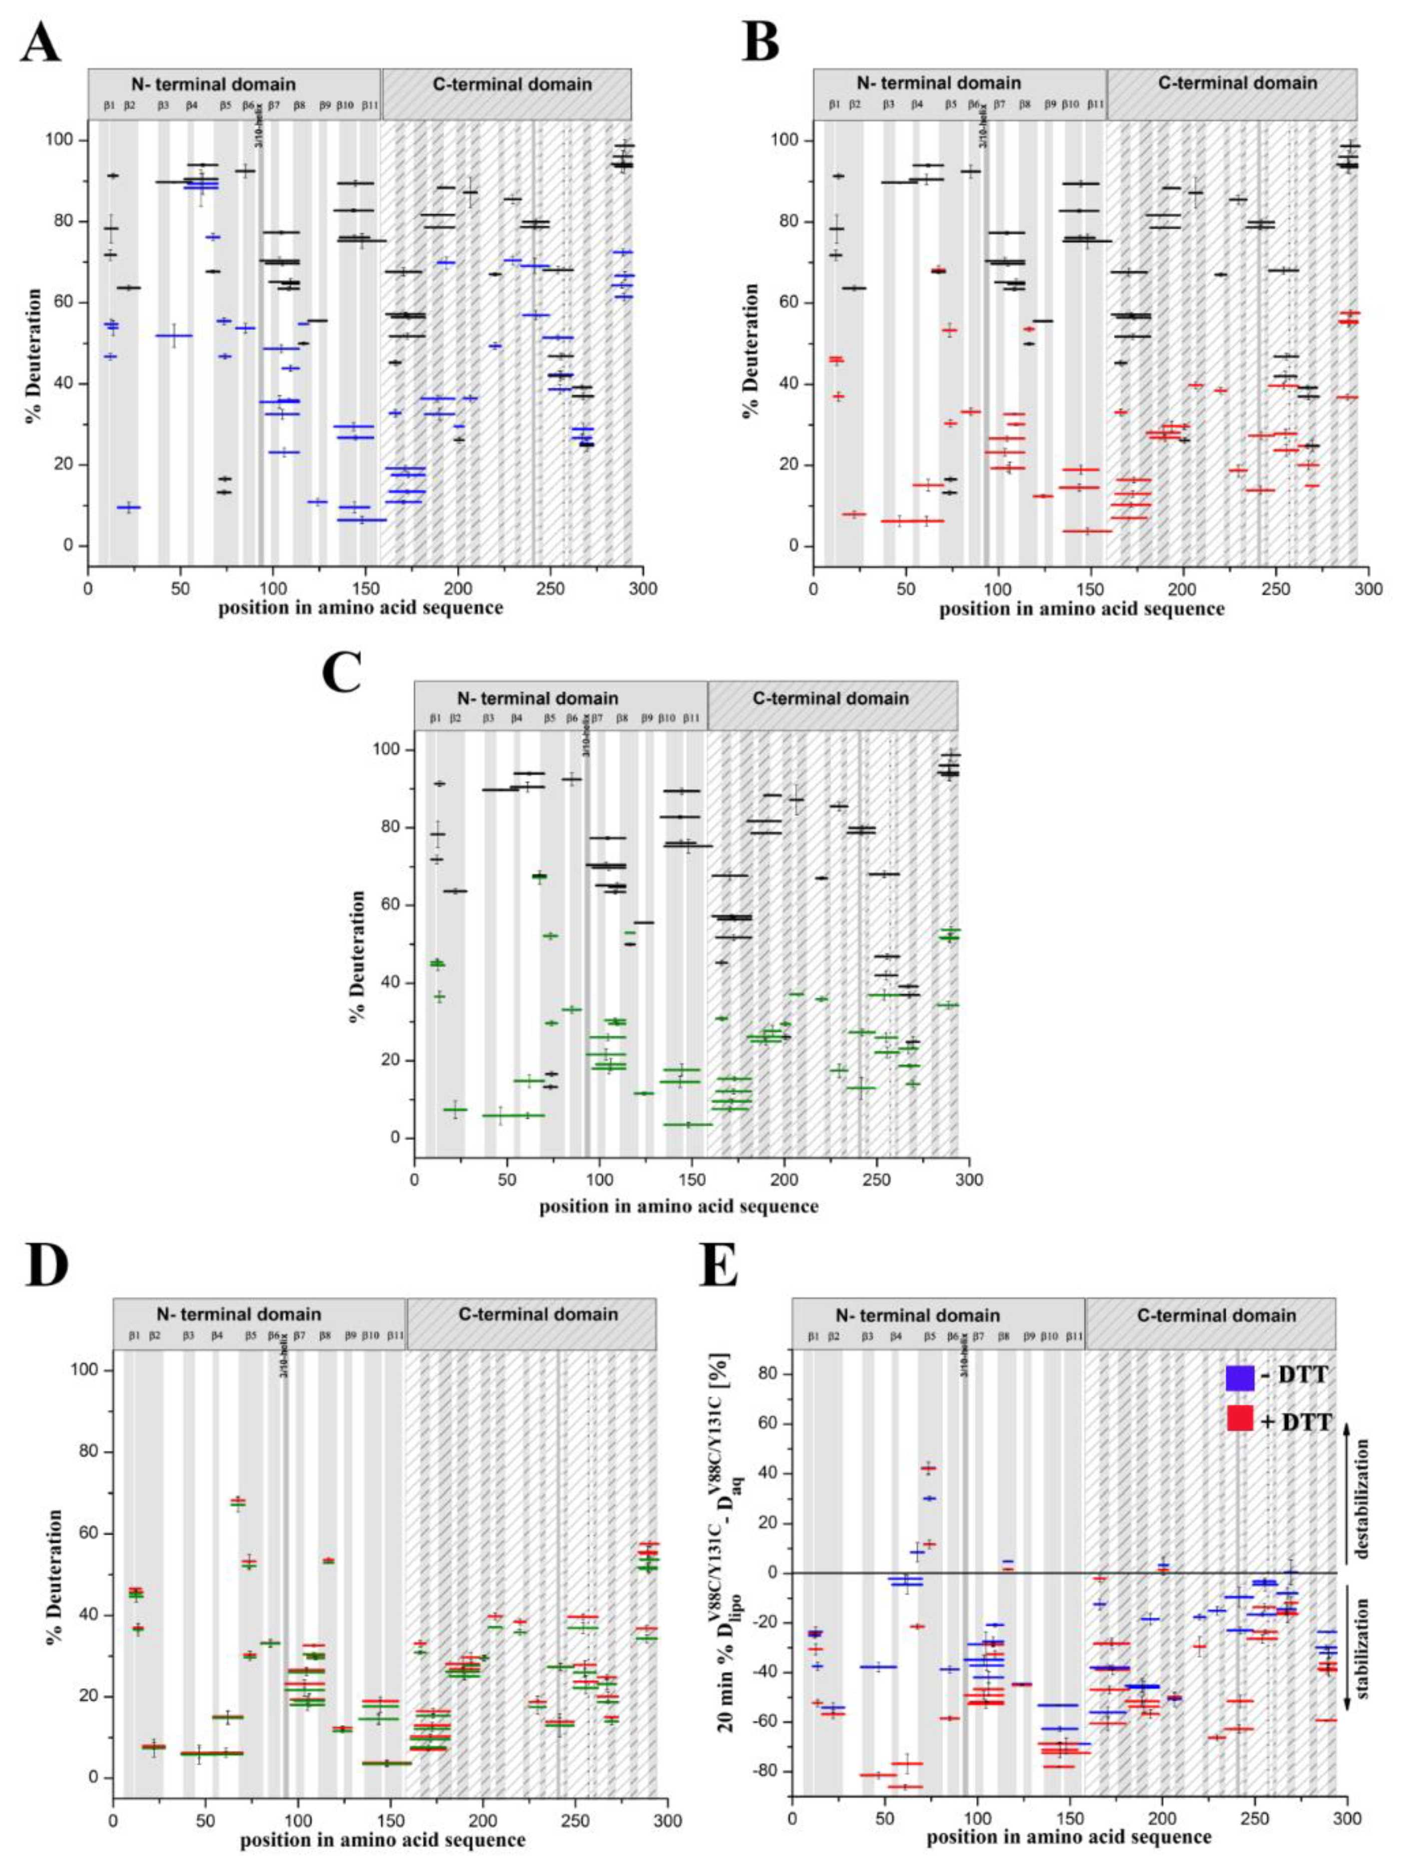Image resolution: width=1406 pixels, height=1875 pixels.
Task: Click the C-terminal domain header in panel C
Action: (833, 698)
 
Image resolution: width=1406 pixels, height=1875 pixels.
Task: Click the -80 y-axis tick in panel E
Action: (769, 1770)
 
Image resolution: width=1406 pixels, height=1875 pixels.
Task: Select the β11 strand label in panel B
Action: (1095, 105)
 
